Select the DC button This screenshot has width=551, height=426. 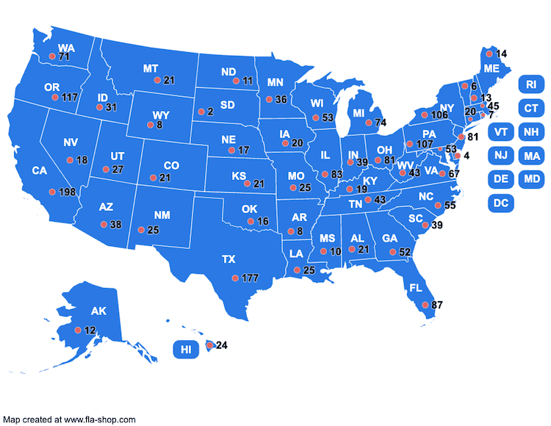(500, 202)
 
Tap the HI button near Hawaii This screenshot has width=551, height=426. (186, 350)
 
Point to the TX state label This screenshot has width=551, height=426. (228, 259)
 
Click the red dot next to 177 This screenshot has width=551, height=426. (235, 278)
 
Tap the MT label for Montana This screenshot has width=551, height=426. (151, 68)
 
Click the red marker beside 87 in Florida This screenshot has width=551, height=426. (425, 304)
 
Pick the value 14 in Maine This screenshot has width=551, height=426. (502, 54)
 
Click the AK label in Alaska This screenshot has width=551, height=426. (98, 311)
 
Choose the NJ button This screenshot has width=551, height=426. (500, 155)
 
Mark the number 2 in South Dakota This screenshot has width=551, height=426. (210, 112)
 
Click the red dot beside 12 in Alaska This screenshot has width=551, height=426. (79, 331)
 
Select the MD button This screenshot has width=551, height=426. (531, 178)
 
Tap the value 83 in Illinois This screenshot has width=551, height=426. (337, 175)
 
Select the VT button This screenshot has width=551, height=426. (500, 132)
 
